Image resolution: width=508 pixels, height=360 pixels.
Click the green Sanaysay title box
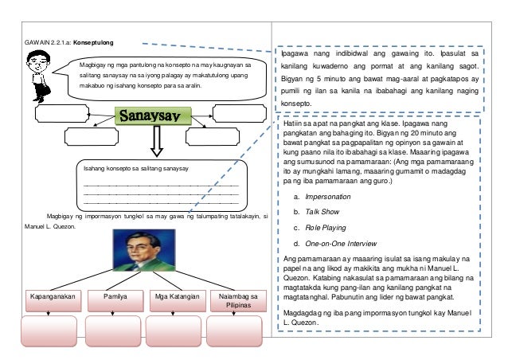pos(155,118)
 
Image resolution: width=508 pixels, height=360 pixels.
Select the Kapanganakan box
pos(49,299)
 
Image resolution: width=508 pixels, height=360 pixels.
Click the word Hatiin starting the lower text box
pos(295,126)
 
